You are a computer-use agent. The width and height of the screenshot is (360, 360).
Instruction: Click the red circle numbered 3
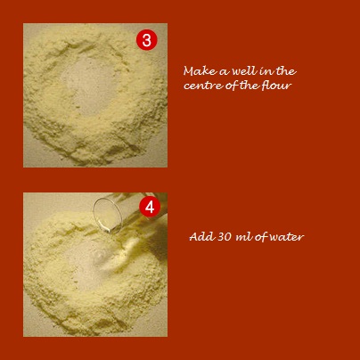[147, 40]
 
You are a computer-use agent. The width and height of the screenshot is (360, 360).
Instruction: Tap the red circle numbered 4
[150, 207]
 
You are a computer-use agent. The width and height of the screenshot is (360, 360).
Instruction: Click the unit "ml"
[241, 237]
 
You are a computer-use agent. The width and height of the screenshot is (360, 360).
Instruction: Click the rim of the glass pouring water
[108, 215]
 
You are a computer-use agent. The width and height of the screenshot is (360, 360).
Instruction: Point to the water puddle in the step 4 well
[99, 256]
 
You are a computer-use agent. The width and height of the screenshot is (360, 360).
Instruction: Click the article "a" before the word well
[225, 72]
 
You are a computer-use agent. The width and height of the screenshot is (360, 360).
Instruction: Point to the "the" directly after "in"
[285, 71]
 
